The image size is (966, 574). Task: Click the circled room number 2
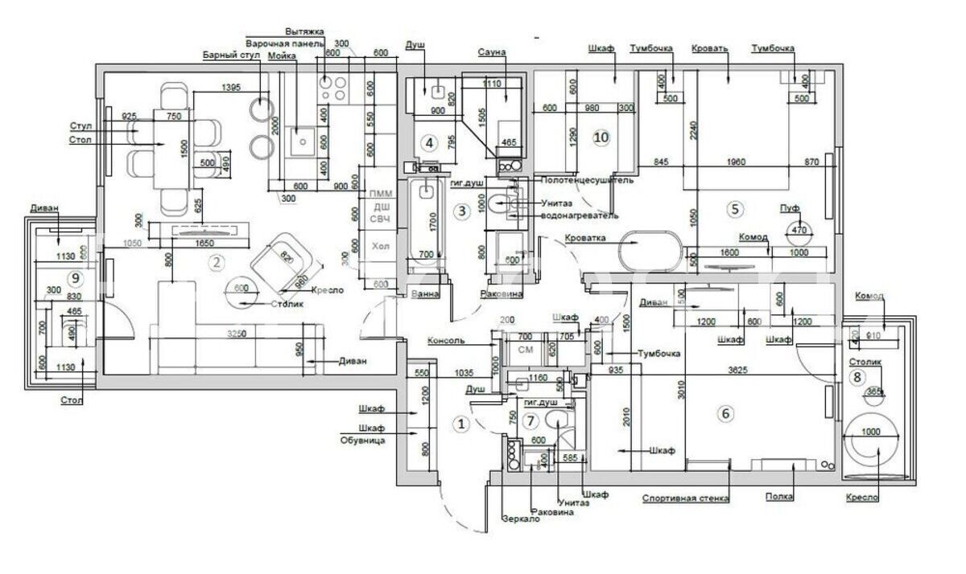pos(215,260)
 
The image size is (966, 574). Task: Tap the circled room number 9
pos(75,278)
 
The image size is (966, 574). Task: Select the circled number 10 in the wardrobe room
pos(601,137)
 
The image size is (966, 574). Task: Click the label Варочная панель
pos(284,43)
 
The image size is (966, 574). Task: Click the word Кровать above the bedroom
pos(709,48)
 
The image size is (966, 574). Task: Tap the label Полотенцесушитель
pos(586,180)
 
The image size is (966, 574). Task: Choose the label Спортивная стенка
pos(686,498)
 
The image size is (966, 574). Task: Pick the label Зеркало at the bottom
pos(519,519)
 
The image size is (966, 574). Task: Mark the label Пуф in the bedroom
pos(790,208)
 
